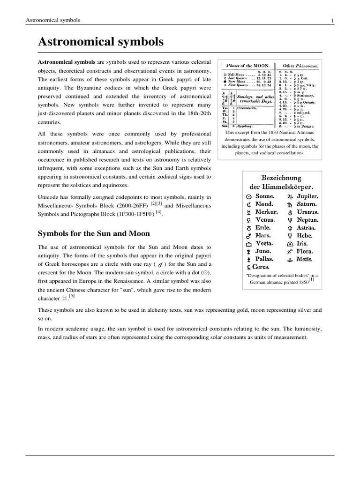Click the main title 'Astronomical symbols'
coord(101,42)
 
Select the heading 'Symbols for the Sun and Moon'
coord(94,233)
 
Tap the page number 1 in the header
coord(332,20)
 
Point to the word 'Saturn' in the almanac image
coord(306,205)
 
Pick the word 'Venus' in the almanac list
coord(265,220)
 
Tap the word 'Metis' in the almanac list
coord(304,259)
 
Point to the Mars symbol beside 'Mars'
coord(248,236)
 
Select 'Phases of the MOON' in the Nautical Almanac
coord(248,66)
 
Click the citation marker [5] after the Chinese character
coord(72,296)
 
